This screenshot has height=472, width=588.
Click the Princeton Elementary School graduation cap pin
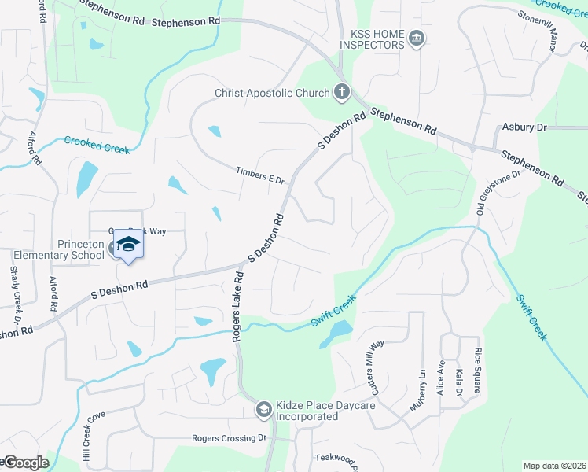coord(128,246)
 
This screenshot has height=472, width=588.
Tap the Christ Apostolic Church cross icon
coord(341,93)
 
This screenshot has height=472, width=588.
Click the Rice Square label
coord(476,371)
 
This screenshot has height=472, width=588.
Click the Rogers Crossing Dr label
coord(230,438)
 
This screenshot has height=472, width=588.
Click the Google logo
coord(25,463)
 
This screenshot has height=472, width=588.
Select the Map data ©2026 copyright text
coord(554,466)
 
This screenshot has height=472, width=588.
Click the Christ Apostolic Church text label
coord(273,94)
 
